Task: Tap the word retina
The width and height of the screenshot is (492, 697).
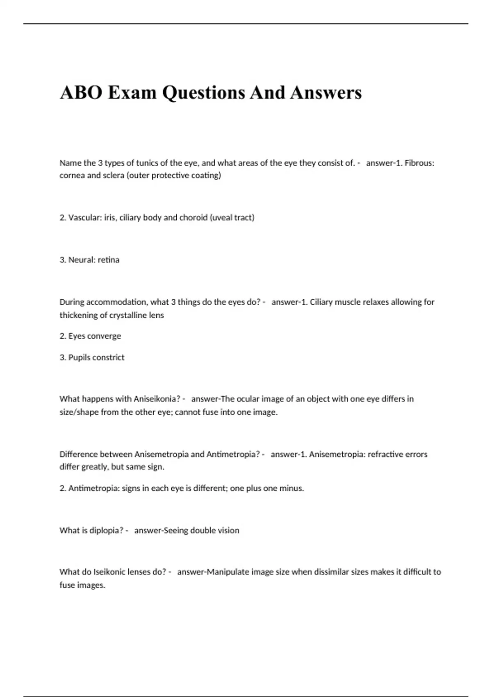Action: tap(109, 260)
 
